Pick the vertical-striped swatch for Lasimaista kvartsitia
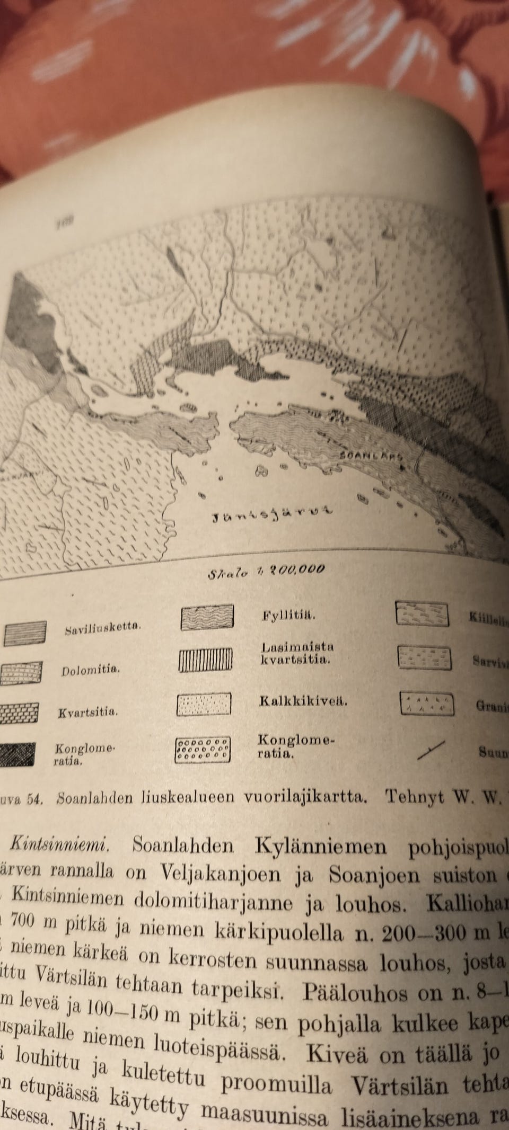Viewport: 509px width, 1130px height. pyautogui.click(x=205, y=660)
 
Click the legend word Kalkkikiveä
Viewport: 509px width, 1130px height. pyautogui.click(x=303, y=701)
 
